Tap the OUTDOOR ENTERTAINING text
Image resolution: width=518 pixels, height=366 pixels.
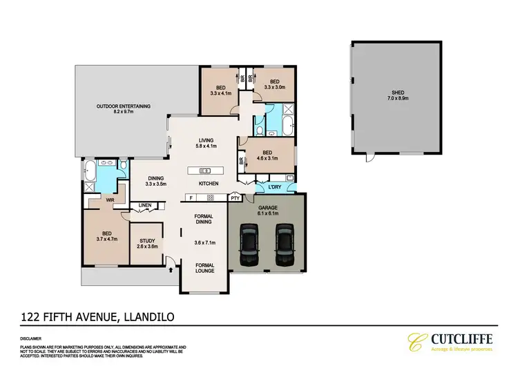[x=124, y=106]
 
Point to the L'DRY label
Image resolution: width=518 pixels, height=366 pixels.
[x=267, y=188]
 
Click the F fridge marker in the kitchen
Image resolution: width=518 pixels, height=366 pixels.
[x=191, y=199]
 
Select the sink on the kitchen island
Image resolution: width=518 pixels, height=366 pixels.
[x=205, y=170]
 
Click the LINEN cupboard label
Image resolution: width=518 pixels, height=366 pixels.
[x=144, y=205]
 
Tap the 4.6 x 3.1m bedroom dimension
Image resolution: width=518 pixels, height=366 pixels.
[x=266, y=158]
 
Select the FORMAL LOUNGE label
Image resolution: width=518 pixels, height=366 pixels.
[x=204, y=268]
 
